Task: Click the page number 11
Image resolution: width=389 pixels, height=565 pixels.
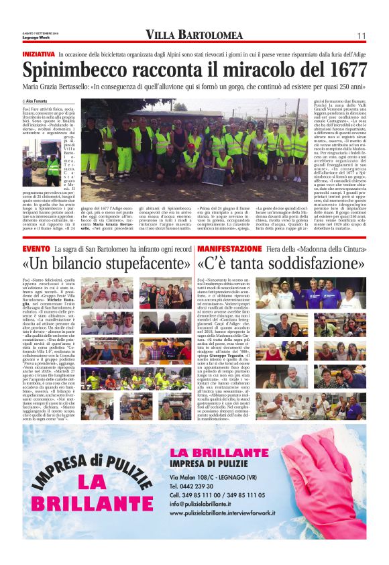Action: click(x=361, y=36)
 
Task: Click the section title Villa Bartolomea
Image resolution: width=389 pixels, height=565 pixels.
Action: click(x=194, y=35)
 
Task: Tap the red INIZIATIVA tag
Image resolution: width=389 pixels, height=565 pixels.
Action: click(x=38, y=53)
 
